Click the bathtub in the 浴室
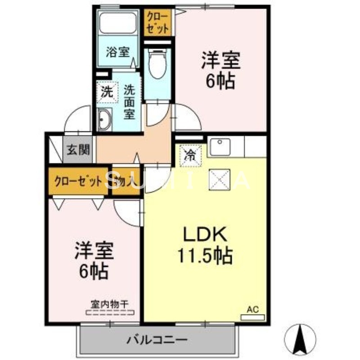pos(118,24)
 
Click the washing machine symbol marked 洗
pos(107,93)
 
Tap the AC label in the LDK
pos(253,309)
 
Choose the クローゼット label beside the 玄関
pos(78,182)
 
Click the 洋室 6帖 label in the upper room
pos(220,70)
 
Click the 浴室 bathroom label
pos(117,52)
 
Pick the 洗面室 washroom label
pos(130,102)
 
